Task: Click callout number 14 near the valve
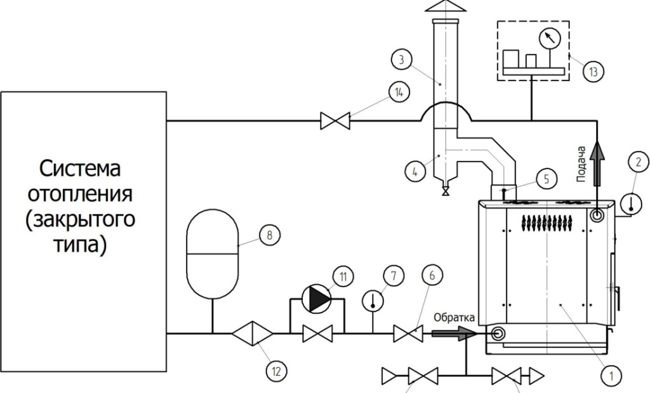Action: click(x=399, y=93)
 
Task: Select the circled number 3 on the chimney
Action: click(x=399, y=61)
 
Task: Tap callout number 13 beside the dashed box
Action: click(x=593, y=71)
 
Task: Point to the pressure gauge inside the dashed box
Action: click(x=549, y=39)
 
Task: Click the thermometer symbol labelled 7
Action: click(x=373, y=300)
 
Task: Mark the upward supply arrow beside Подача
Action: click(x=597, y=155)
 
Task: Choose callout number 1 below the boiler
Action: click(x=611, y=377)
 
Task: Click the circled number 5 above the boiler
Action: click(x=546, y=179)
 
